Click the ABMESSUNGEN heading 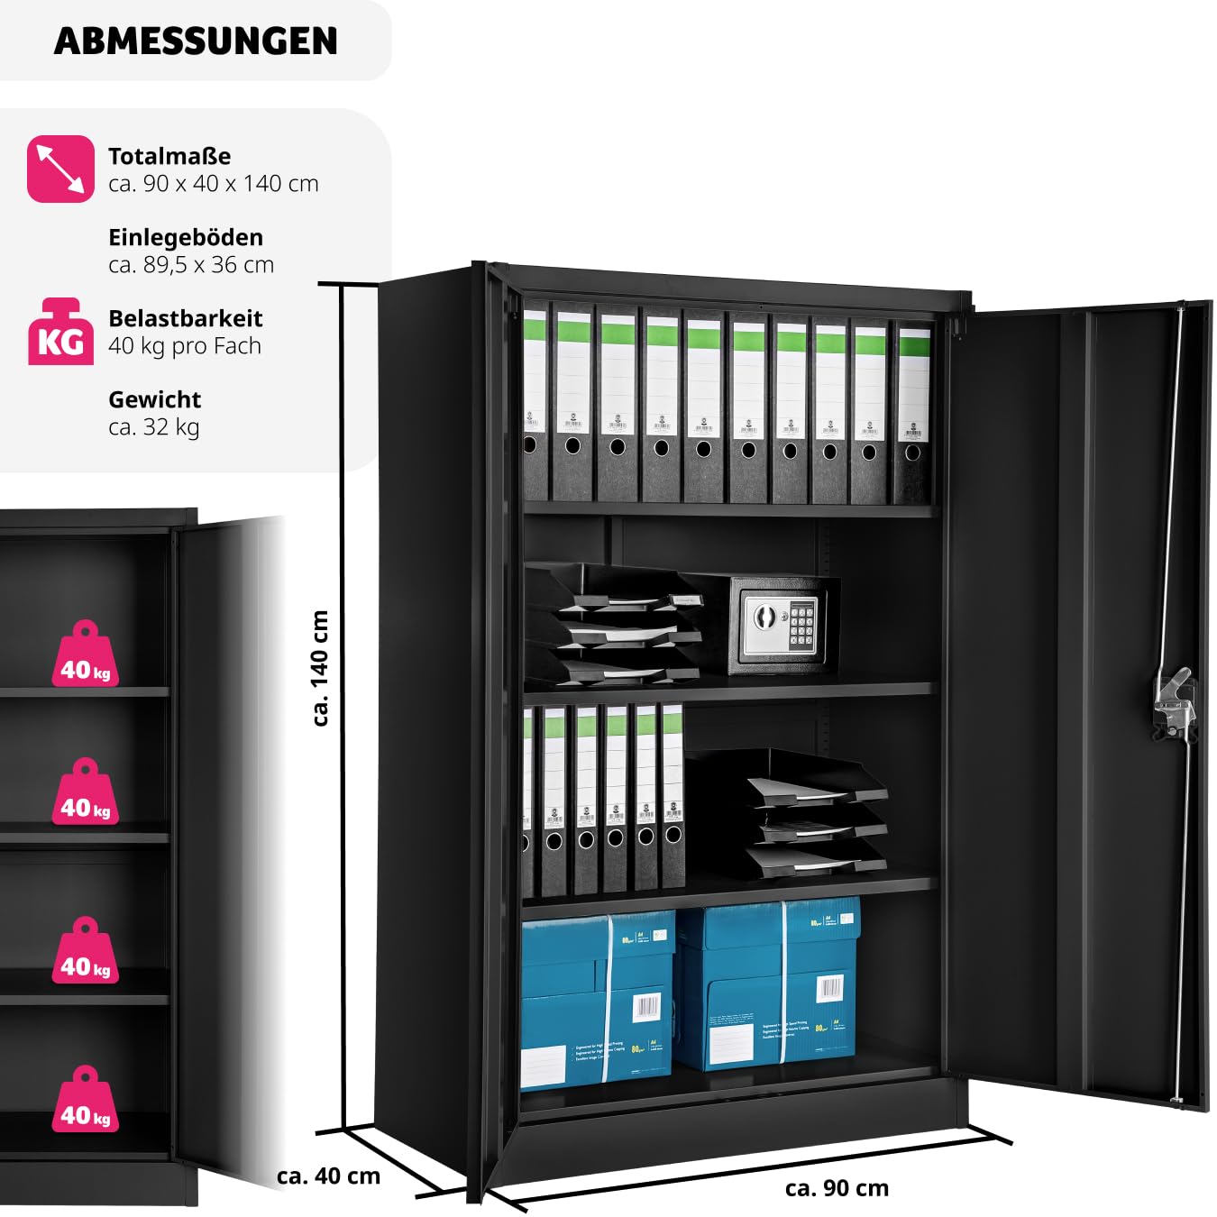click(x=196, y=41)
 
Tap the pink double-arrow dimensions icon click(x=60, y=169)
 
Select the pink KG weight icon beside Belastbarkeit click(x=60, y=333)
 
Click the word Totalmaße click(x=169, y=156)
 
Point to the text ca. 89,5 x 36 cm click(x=191, y=265)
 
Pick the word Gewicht click(x=154, y=399)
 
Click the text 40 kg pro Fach click(x=185, y=346)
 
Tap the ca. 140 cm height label click(x=320, y=668)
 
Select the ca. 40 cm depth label click(x=328, y=1176)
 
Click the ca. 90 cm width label click(x=837, y=1188)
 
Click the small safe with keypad click(x=781, y=624)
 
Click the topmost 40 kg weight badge click(x=86, y=655)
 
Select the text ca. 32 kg click(x=154, y=427)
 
